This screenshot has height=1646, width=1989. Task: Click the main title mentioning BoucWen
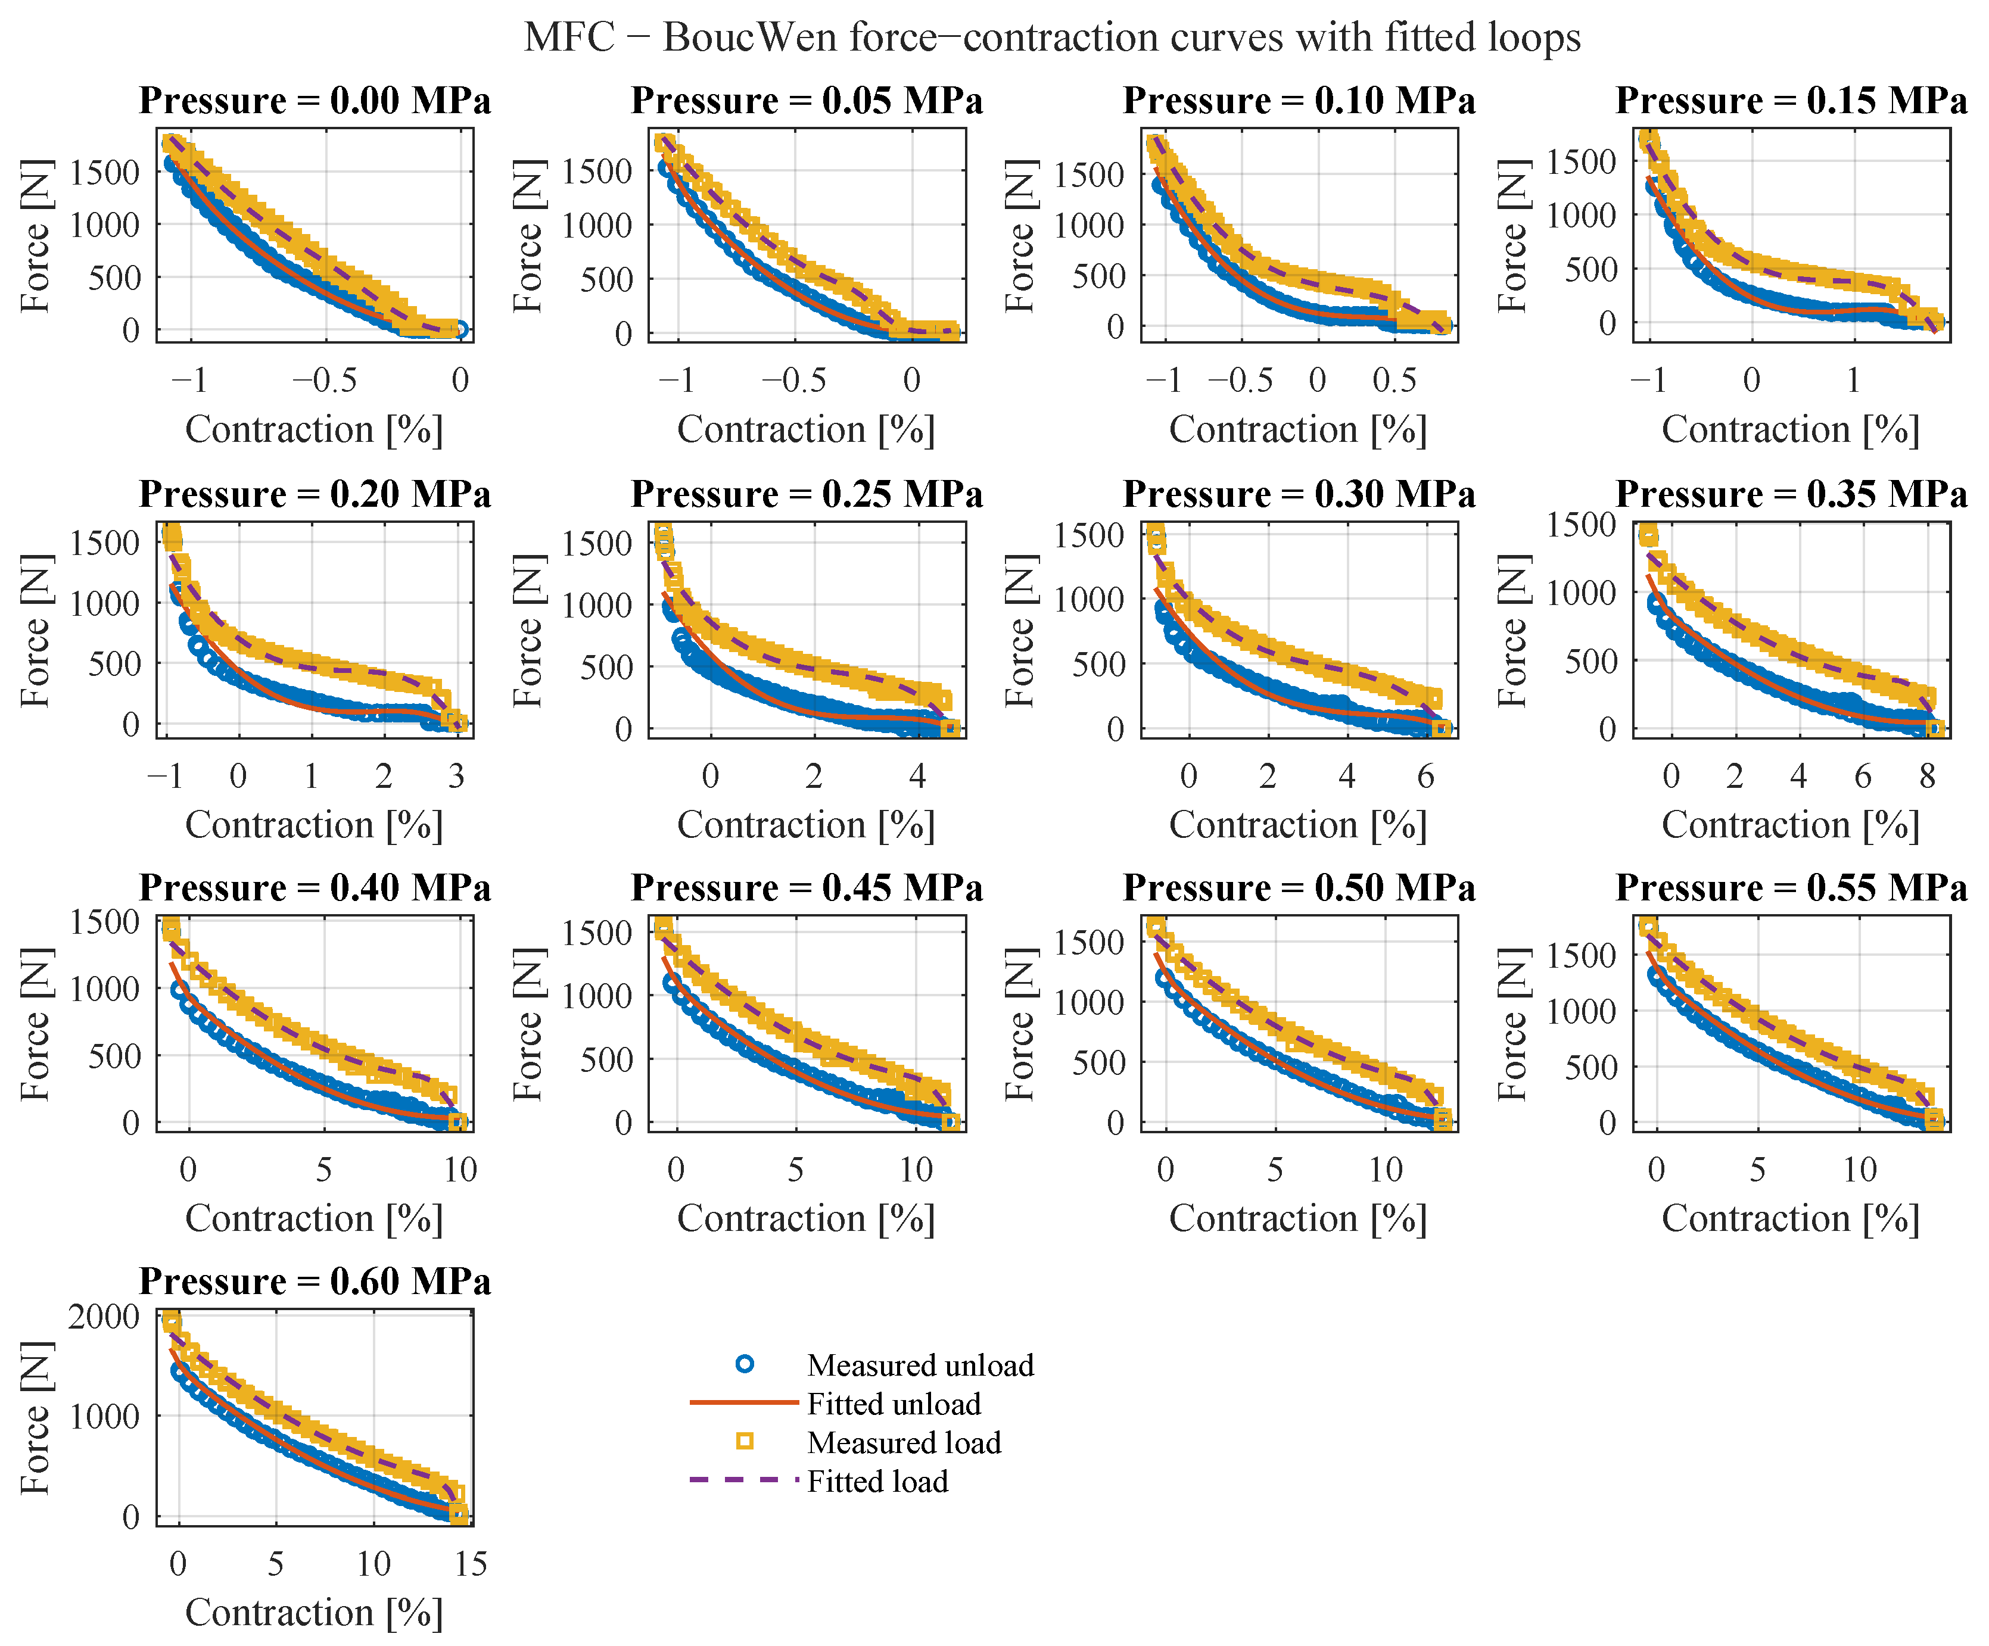1052,38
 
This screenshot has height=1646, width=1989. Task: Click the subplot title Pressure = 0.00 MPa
315,101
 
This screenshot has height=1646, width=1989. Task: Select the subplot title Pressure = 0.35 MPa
1791,494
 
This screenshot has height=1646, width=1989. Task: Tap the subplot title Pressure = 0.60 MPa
315,1282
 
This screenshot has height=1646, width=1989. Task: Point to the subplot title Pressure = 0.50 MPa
1299,889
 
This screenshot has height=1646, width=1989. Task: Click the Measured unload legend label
920,1365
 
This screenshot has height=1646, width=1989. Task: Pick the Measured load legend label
904,1442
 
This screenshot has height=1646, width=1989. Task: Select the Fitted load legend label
877,1481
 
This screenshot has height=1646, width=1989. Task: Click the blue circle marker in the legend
745,1365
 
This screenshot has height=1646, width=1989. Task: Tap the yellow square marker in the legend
745,1441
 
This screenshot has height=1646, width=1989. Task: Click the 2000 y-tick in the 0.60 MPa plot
104,1317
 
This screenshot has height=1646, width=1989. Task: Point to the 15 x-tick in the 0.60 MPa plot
470,1564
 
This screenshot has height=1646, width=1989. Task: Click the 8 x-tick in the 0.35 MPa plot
1928,777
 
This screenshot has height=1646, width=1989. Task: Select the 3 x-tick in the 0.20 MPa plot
456,777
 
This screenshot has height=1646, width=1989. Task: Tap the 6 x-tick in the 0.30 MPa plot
1425,777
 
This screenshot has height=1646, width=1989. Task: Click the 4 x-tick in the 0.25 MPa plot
917,777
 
